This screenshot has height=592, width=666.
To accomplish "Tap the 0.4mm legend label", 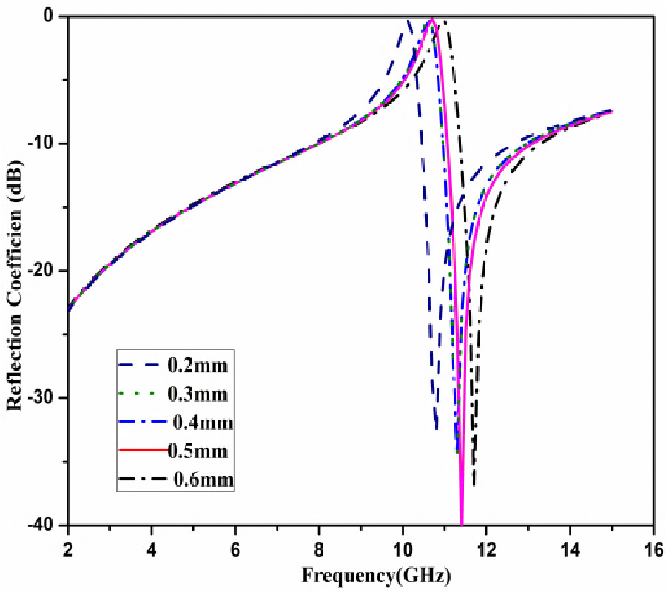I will tap(203, 423).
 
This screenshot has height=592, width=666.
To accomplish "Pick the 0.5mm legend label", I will tap(202, 451).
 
